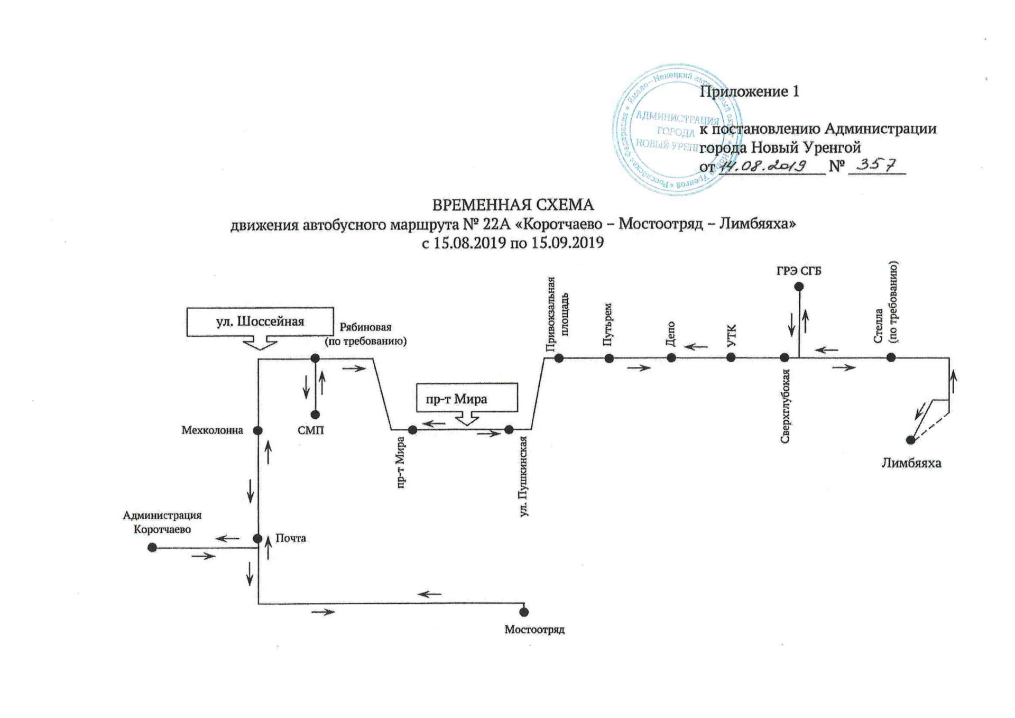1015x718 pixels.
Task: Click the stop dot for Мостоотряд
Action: point(524,612)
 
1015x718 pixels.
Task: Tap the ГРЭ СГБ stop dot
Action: point(799,287)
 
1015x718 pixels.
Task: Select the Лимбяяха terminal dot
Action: point(910,440)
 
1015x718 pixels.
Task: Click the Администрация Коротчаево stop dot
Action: point(152,547)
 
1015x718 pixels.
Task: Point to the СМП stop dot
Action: point(315,415)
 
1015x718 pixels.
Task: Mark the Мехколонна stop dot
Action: point(258,430)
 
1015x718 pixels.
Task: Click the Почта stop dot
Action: point(257,539)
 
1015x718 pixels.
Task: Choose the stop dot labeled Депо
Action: point(671,358)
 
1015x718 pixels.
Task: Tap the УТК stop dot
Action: point(731,358)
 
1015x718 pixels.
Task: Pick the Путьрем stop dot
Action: point(609,358)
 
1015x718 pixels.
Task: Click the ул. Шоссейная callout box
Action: point(260,321)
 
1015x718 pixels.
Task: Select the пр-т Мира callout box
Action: point(467,399)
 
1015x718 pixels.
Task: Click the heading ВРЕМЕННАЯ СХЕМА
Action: point(513,205)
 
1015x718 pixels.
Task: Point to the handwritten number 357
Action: point(876,165)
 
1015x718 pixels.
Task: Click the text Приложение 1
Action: point(749,91)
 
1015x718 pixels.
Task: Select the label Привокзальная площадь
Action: point(558,314)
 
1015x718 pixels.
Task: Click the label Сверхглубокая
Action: point(786,406)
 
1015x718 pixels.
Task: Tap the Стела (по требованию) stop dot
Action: point(891,357)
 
